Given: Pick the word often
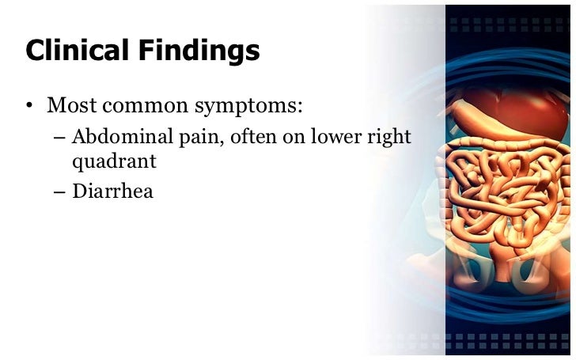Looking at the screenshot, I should (x=247, y=137).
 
